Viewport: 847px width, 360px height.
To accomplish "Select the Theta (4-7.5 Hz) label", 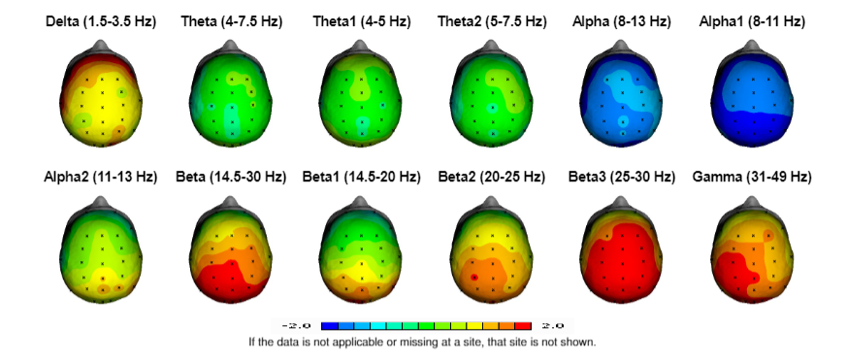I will (230, 20).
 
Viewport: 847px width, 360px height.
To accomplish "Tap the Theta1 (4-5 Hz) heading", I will (360, 20).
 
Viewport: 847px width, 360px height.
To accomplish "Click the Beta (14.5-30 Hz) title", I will (230, 178).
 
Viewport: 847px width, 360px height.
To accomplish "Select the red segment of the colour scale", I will (525, 326).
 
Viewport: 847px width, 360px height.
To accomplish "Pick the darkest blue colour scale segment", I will (329, 326).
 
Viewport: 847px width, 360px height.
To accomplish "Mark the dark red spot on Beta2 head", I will (472, 278).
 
